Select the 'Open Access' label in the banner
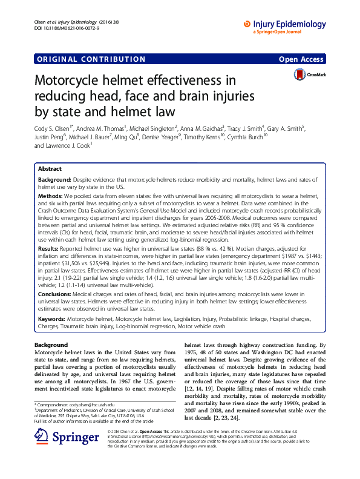[x=301, y=59]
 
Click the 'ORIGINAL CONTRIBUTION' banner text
[x=91, y=59]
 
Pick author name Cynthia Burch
[x=247, y=137]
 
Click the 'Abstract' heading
[x=50, y=169]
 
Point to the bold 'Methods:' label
[x=50, y=196]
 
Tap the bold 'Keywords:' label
[x=52, y=317]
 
